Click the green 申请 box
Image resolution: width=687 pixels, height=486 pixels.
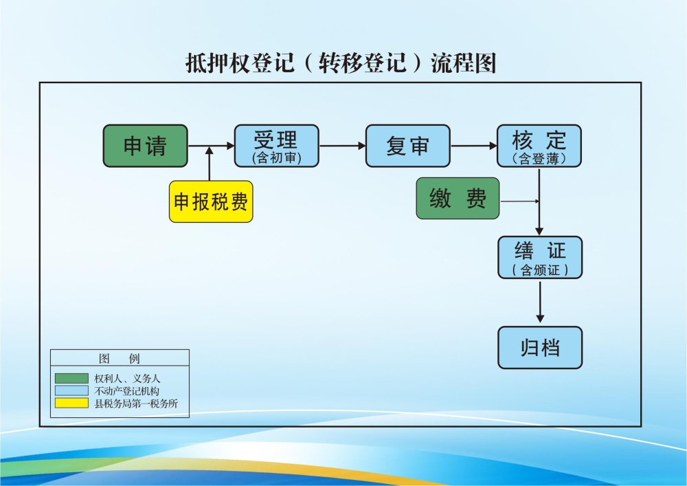(145, 146)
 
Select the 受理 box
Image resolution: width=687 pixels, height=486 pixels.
(276, 146)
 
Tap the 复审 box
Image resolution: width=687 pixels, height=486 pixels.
(407, 146)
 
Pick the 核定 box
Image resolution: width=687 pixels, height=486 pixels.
(539, 146)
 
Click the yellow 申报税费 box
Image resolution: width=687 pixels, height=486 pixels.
(211, 201)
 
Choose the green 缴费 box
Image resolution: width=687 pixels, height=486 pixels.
(458, 199)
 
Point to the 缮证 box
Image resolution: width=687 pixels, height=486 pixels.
(540, 257)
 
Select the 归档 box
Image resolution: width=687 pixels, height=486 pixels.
(540, 348)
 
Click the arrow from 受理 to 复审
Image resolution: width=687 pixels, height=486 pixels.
(342, 146)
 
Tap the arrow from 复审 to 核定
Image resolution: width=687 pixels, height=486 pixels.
(473, 146)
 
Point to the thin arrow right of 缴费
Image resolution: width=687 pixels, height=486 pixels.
(520, 201)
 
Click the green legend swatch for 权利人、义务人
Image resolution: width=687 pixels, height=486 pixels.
(71, 378)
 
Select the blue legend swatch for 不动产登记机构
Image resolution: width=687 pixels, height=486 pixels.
(71, 390)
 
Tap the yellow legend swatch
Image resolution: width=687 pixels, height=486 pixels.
(71, 403)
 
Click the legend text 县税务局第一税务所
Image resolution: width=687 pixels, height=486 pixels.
(136, 404)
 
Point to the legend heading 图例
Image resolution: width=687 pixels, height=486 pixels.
(120, 358)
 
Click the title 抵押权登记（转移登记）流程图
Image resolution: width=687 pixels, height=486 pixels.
(341, 63)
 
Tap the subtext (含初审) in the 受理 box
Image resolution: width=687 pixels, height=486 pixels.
(276, 158)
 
